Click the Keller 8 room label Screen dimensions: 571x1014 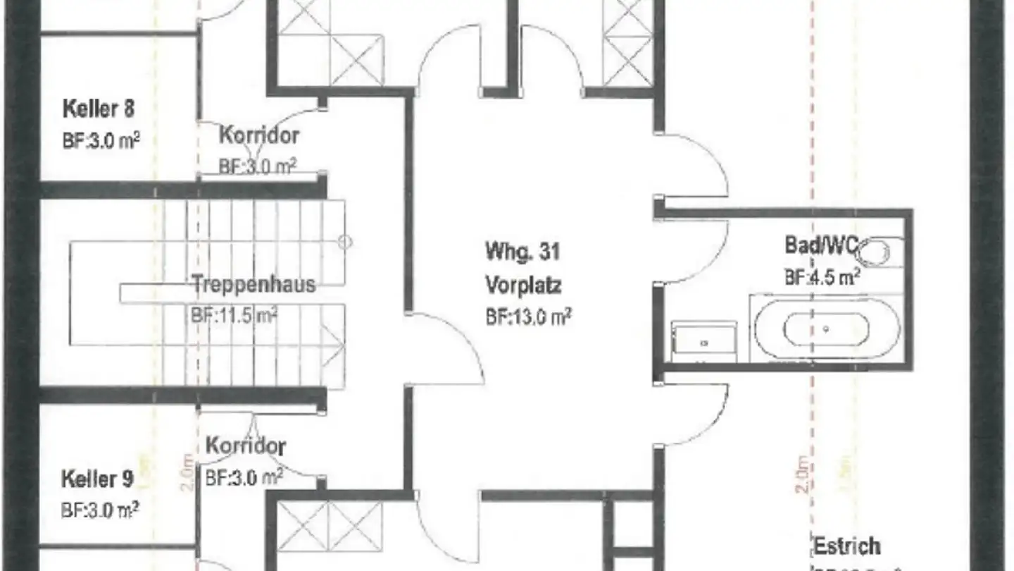point(99,109)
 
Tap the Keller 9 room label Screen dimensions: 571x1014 point(97,480)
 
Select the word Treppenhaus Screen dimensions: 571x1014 point(254,285)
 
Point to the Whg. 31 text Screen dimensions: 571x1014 point(522,251)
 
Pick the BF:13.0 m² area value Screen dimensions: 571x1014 point(527,318)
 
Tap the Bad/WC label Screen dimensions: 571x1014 point(820,245)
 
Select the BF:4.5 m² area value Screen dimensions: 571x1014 point(822,277)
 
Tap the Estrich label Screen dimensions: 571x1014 point(847,546)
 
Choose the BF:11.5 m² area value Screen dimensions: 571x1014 point(233,314)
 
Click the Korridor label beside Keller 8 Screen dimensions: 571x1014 point(259,135)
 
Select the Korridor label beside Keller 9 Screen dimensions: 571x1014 point(246,446)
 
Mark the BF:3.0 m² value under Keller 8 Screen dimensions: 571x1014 point(101,139)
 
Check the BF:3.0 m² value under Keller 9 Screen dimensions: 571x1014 point(99,510)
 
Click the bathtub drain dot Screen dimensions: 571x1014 point(826,329)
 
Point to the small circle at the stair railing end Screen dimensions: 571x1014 point(345,242)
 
